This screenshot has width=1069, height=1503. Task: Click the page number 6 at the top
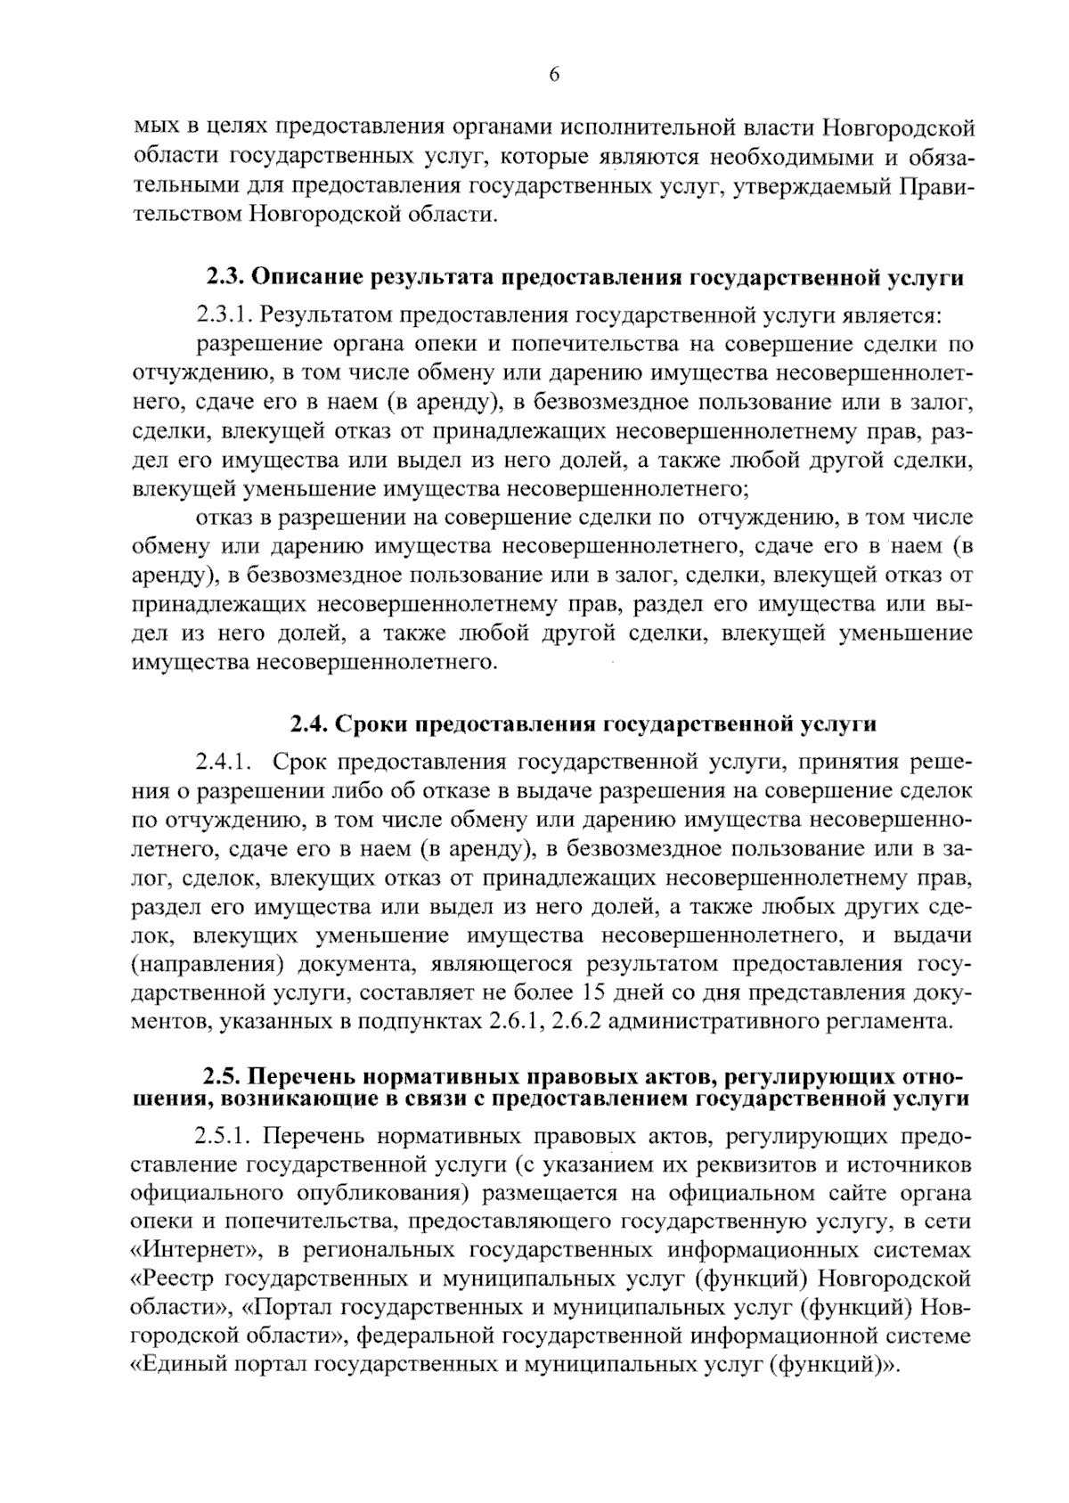pos(553,75)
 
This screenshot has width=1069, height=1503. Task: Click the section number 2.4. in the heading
pos(310,723)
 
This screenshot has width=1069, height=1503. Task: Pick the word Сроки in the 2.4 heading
pos(368,723)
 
